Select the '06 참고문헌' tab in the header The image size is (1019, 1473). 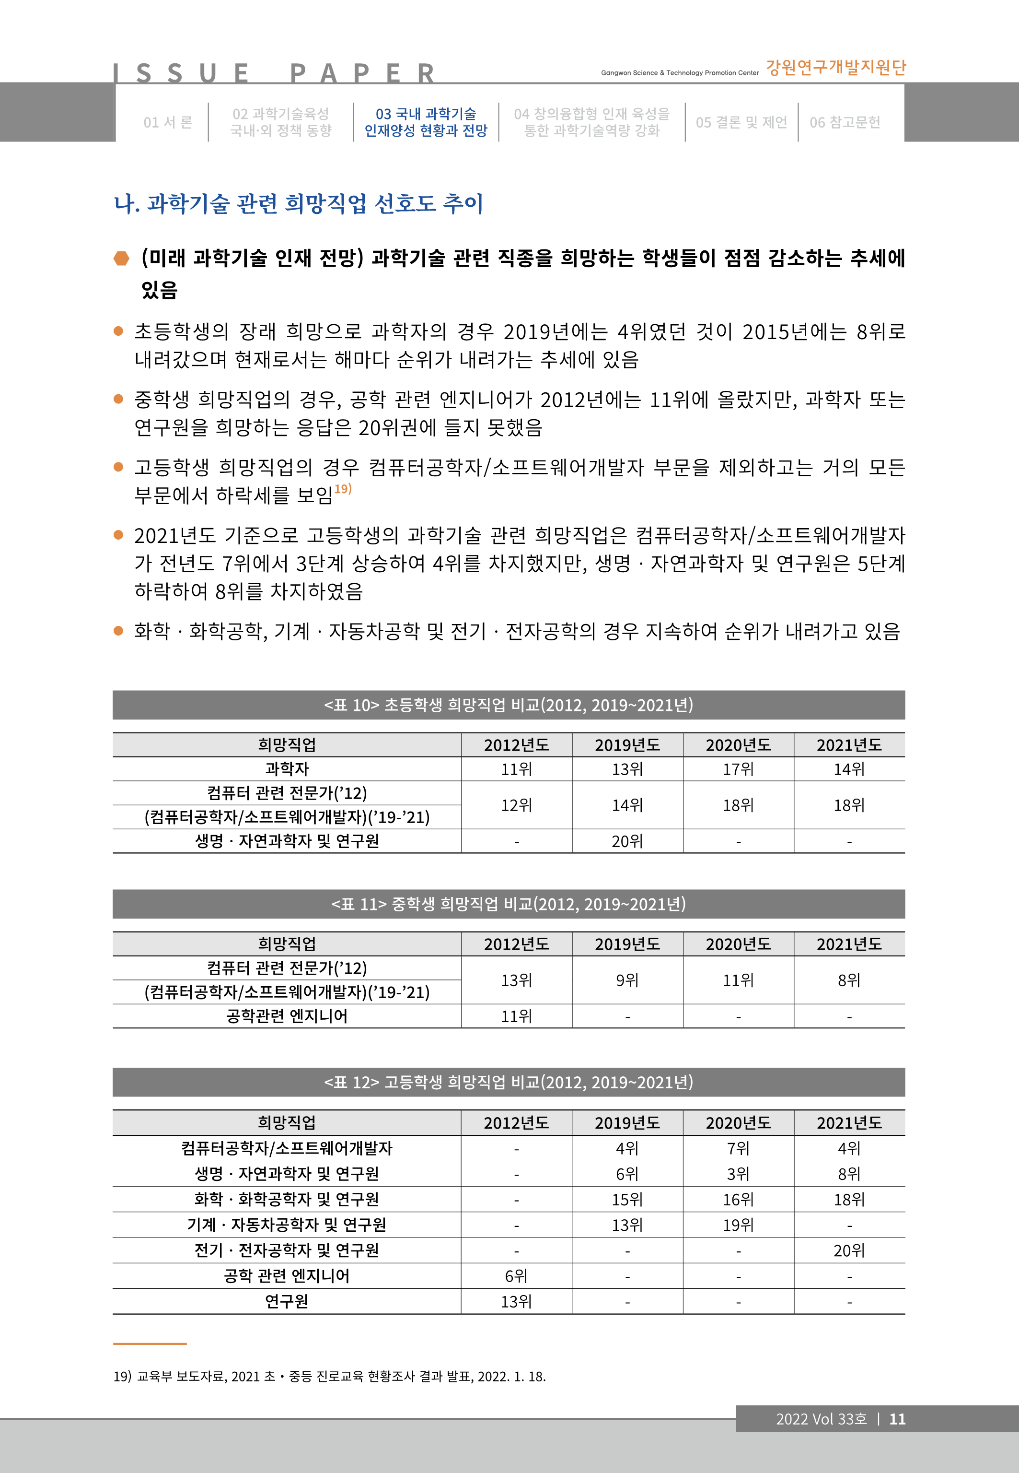point(845,122)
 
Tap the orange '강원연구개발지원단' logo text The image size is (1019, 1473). point(836,68)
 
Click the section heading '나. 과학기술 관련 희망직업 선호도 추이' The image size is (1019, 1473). point(298,204)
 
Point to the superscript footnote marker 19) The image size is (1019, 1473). point(343,489)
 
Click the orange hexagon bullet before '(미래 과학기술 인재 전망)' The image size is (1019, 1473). point(121,259)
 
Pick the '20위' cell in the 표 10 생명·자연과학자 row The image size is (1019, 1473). point(627,842)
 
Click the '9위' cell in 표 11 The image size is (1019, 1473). point(627,980)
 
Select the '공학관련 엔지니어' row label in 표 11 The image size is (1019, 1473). point(287,1016)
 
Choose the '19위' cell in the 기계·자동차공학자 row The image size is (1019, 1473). point(738,1225)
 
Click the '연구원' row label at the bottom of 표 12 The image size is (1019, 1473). point(287,1301)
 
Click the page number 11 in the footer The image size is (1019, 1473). point(897,1419)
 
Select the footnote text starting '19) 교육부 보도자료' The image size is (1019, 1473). point(329,1377)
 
